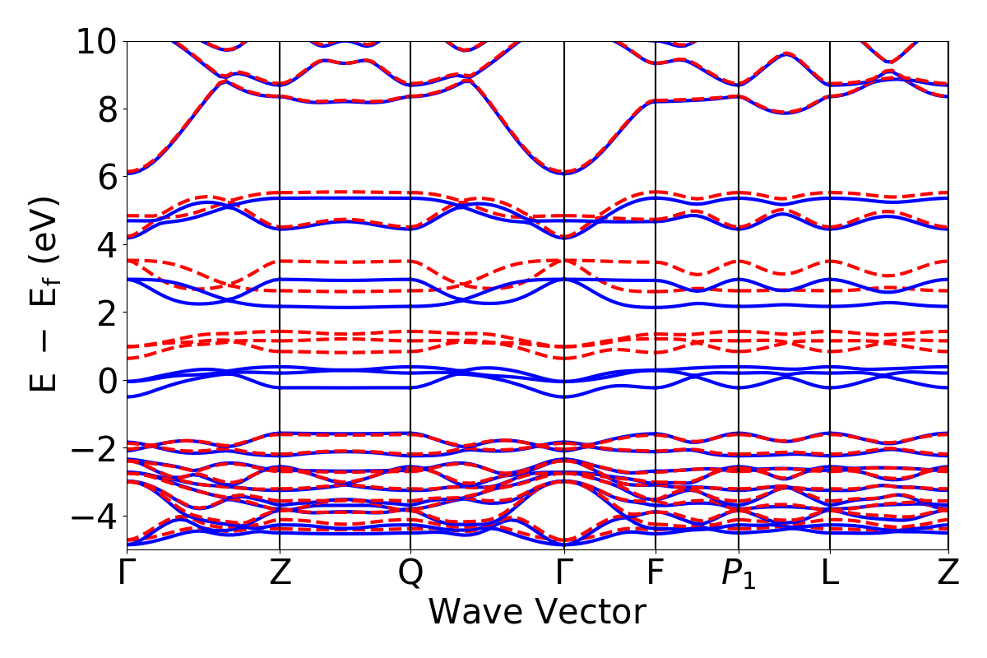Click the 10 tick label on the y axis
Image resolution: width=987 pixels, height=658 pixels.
(x=97, y=41)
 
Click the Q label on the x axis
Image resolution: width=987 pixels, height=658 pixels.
(x=410, y=573)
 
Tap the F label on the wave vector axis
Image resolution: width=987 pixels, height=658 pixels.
(x=656, y=573)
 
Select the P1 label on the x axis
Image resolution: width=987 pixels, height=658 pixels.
(x=739, y=574)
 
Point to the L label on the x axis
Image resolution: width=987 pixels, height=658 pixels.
(x=830, y=573)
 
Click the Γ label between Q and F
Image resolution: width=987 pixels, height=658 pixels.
(x=564, y=573)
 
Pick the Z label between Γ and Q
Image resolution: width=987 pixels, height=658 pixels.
(x=280, y=573)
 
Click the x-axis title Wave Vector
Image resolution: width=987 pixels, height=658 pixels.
(x=537, y=613)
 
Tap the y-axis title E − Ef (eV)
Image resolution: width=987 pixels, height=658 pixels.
(x=45, y=294)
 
